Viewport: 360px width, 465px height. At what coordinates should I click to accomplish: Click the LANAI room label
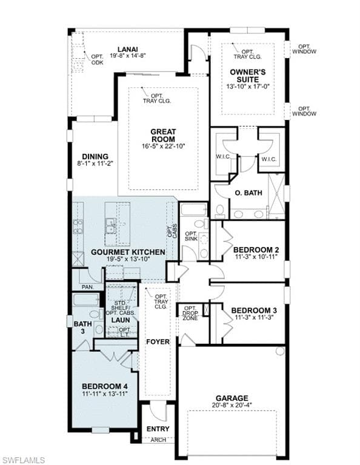pos(128,49)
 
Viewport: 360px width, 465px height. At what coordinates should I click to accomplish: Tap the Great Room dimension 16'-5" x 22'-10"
pos(164,146)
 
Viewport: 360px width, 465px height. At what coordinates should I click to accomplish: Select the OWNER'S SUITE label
pos(248,76)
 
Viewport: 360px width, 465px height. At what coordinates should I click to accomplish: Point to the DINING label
pos(95,156)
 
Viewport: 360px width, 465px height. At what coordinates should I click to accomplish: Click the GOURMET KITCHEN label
pos(128,252)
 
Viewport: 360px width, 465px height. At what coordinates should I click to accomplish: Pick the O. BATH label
pos(248,193)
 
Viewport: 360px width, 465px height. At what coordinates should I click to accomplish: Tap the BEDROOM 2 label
pos(256,249)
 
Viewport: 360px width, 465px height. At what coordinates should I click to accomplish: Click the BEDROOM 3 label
pos(254,311)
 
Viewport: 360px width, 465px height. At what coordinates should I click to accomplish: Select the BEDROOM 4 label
pos(105,386)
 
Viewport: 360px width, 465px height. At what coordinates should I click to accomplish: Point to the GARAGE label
pos(232,398)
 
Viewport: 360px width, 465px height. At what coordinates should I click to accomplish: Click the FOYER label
pos(158,341)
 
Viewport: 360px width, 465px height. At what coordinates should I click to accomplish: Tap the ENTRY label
pos(158,429)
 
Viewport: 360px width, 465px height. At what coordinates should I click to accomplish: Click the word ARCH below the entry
pos(158,440)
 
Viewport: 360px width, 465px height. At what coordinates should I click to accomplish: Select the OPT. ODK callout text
pos(97,59)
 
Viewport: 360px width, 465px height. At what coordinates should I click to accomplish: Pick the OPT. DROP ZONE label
pos(190,313)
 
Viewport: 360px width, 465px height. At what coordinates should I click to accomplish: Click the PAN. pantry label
pos(87,287)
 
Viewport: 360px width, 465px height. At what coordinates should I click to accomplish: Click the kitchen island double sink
pos(112,226)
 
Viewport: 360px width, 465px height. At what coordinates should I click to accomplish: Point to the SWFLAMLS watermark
pos(22,460)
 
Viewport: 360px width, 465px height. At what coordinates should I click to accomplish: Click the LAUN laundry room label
pos(121,320)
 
